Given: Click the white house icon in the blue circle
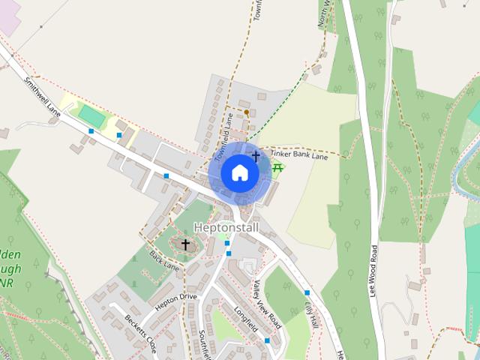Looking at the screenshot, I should (x=239, y=172).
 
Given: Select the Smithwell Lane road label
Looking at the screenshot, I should (x=41, y=96).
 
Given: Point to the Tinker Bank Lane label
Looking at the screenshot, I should (x=299, y=153).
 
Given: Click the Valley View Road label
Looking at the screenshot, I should (x=266, y=304).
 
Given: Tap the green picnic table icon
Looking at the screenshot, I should (x=277, y=167).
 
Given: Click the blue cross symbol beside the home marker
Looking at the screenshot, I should (x=256, y=156).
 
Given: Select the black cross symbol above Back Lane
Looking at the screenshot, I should (x=186, y=244).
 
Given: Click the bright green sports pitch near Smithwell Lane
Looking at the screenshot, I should (x=91, y=115).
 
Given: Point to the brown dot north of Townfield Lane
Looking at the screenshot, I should (x=246, y=112).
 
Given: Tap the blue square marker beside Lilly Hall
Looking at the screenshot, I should (x=307, y=292).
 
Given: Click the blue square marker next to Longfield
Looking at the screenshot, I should (x=267, y=340).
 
